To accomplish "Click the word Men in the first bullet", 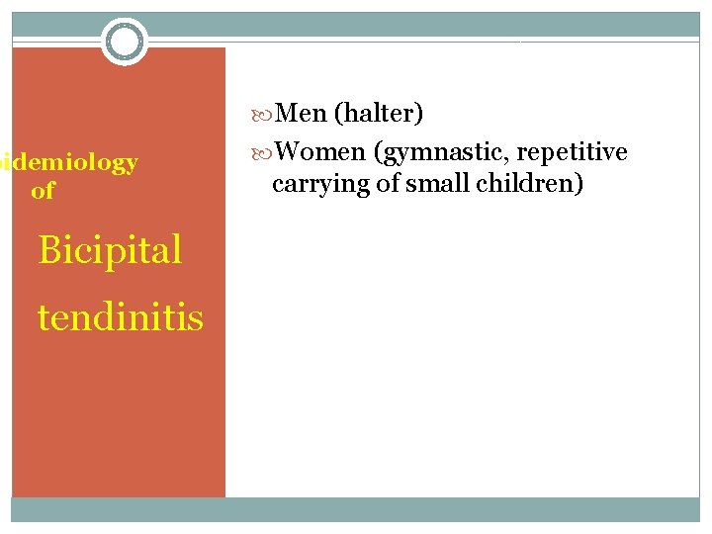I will point(302,115).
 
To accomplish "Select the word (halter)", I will point(379,115).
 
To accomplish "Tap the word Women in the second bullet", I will point(320,152).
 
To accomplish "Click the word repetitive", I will point(572,152).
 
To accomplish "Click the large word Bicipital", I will point(110,250).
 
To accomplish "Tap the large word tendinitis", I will point(121,317).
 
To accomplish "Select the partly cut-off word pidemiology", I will point(68,163).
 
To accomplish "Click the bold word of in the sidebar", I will point(43,191).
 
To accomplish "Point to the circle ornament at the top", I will point(125,42).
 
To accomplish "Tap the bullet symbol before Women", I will point(261,153).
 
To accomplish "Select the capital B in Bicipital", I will point(49,250).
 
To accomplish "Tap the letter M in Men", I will point(289,115).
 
